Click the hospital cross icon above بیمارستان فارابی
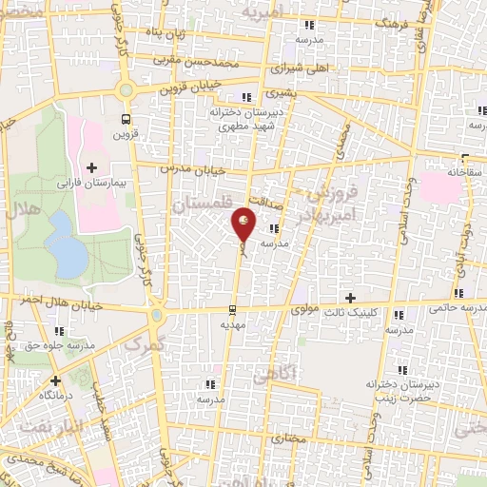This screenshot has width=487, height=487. coord(91,167)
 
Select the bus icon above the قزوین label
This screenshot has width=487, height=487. coord(126,119)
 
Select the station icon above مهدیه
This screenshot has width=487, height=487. coord(234,309)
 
